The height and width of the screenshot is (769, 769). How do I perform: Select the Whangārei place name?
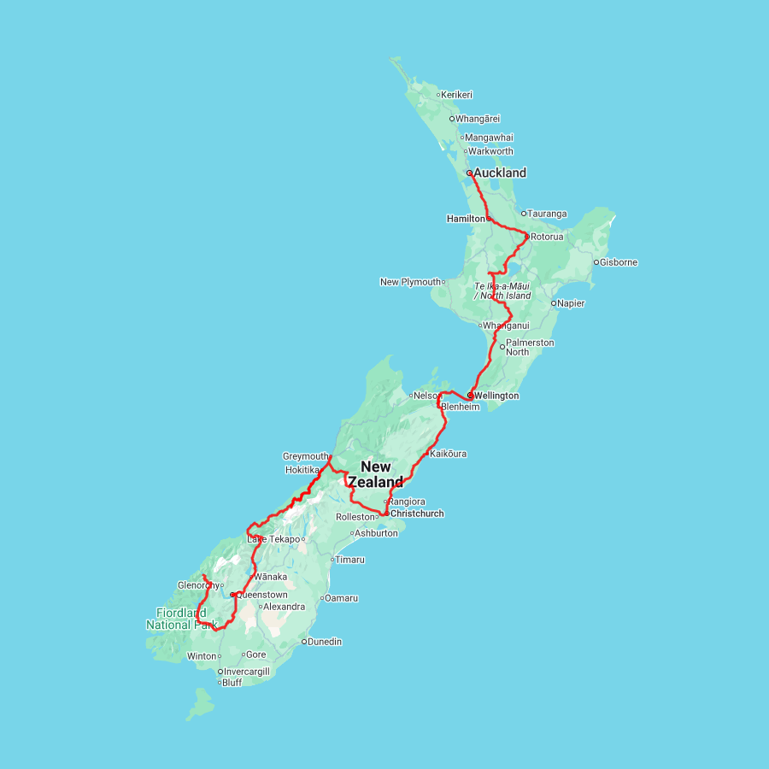[x=478, y=119]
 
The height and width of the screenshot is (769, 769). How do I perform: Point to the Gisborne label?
[x=619, y=262]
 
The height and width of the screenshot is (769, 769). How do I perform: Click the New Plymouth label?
[x=411, y=282]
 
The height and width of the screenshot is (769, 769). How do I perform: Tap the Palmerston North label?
[x=529, y=347]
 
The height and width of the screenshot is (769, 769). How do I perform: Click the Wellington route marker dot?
[x=470, y=396]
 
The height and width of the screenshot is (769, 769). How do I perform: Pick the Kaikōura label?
[x=448, y=454]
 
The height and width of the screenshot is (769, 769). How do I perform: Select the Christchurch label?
[x=417, y=514]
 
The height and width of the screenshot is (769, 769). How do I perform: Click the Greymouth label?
[x=305, y=456]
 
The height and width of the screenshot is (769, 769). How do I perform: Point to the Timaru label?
[x=349, y=560]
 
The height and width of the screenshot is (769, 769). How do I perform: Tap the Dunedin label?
[x=325, y=642]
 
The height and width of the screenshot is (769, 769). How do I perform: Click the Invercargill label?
[x=246, y=672]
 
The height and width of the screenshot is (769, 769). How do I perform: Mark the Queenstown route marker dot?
[x=232, y=595]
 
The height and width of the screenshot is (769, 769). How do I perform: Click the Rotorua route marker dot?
[x=526, y=237]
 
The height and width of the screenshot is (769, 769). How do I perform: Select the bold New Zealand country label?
[x=375, y=474]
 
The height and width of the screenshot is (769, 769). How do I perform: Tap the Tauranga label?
[x=547, y=214]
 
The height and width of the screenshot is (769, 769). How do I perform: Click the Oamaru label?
[x=342, y=598]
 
